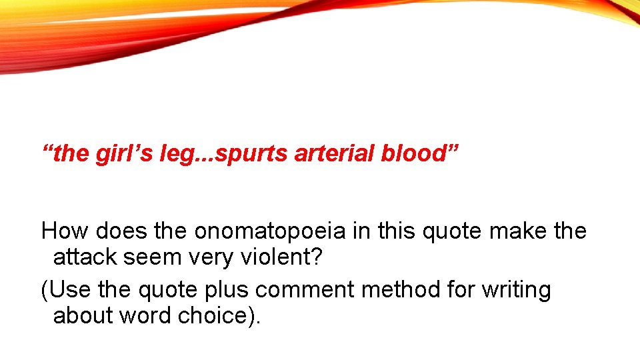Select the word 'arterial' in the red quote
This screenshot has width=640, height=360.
pos(335,154)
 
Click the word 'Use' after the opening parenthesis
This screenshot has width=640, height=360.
pos(70,290)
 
